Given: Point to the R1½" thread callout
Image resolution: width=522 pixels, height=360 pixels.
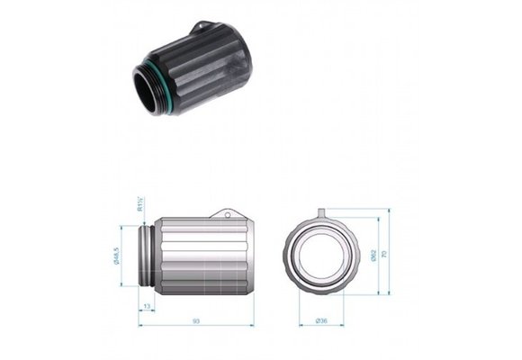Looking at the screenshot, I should coord(140,207).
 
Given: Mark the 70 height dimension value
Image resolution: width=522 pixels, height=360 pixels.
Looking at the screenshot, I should coord(386,255).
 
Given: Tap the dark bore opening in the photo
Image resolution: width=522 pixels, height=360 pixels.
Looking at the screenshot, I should coord(143,90).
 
